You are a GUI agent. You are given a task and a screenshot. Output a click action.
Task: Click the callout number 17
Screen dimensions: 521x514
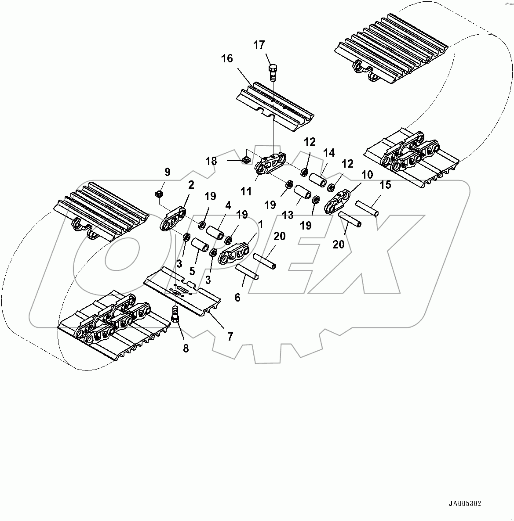tap(259, 45)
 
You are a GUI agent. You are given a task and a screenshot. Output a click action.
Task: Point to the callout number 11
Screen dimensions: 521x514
tap(246, 191)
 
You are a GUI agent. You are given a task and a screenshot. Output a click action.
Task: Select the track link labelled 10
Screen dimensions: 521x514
tap(337, 201)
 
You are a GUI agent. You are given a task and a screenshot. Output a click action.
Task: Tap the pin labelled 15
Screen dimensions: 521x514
tap(367, 208)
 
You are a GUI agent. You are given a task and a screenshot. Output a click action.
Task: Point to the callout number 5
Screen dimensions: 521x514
tap(192, 271)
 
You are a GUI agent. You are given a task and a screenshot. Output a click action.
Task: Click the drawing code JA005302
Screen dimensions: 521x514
tap(468, 504)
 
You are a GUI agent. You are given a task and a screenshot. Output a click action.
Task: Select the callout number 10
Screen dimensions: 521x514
tap(367, 175)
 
